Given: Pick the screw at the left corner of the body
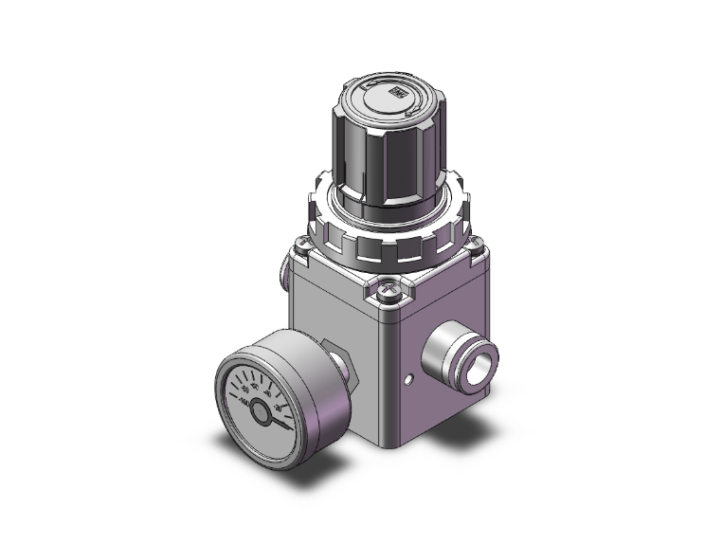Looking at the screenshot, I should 301,249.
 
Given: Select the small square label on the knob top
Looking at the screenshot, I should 397,93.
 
